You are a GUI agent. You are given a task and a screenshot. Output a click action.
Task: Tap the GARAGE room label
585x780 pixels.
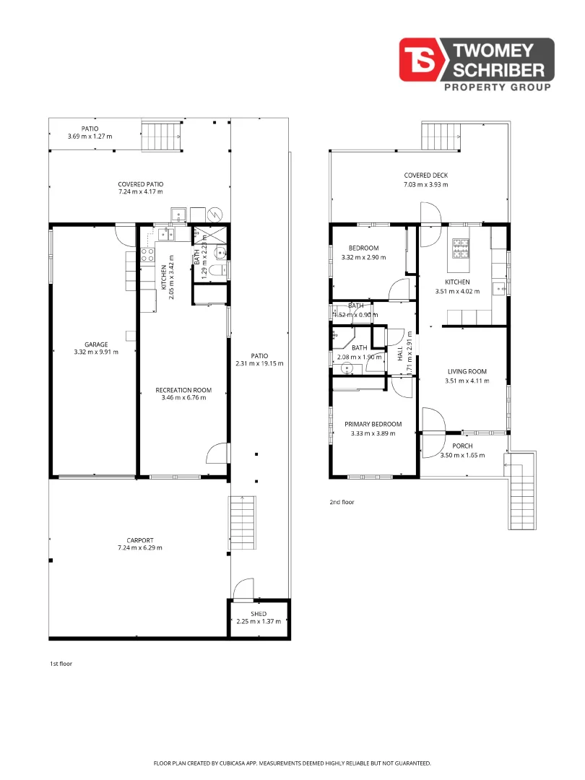pyautogui.click(x=95, y=344)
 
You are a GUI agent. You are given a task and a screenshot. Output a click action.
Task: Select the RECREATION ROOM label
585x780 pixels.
pyautogui.click(x=183, y=390)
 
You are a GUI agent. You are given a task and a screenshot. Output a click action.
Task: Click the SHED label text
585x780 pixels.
pyautogui.click(x=259, y=614)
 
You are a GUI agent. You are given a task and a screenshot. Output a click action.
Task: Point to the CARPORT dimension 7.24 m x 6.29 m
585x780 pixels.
pyautogui.click(x=140, y=547)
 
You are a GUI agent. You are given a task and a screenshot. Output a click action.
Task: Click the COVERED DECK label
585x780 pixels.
pyautogui.click(x=426, y=175)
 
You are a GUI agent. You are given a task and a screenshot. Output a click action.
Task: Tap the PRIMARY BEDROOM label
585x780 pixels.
pyautogui.click(x=373, y=424)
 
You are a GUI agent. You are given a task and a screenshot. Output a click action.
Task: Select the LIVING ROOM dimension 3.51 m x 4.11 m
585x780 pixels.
pyautogui.click(x=467, y=381)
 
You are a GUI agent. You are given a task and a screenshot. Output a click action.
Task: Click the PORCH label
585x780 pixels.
pyautogui.click(x=462, y=446)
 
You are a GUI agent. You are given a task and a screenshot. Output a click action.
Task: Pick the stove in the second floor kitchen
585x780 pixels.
pyautogui.click(x=460, y=248)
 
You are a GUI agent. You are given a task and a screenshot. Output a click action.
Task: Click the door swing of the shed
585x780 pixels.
pyautogui.click(x=244, y=589)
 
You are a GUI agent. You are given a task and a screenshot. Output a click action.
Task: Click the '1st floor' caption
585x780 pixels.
pyautogui.click(x=61, y=663)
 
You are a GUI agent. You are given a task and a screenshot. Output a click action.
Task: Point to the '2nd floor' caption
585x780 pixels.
pyautogui.click(x=342, y=502)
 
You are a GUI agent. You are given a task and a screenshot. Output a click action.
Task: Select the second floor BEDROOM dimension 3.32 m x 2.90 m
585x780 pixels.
pyautogui.click(x=363, y=257)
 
